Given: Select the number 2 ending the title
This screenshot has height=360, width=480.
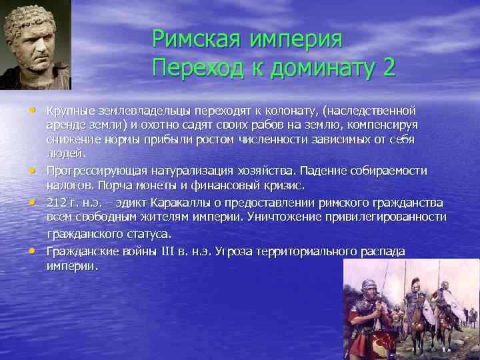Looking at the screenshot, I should (389, 67).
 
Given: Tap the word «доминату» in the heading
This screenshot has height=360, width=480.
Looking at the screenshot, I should (318, 67).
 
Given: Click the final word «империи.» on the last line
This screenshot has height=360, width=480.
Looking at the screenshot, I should (72, 265).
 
